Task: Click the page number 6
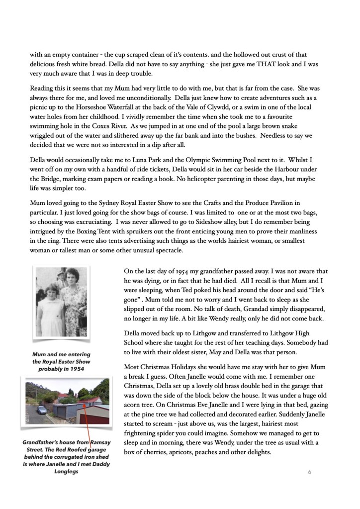(309, 472)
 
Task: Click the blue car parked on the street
(42, 410)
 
